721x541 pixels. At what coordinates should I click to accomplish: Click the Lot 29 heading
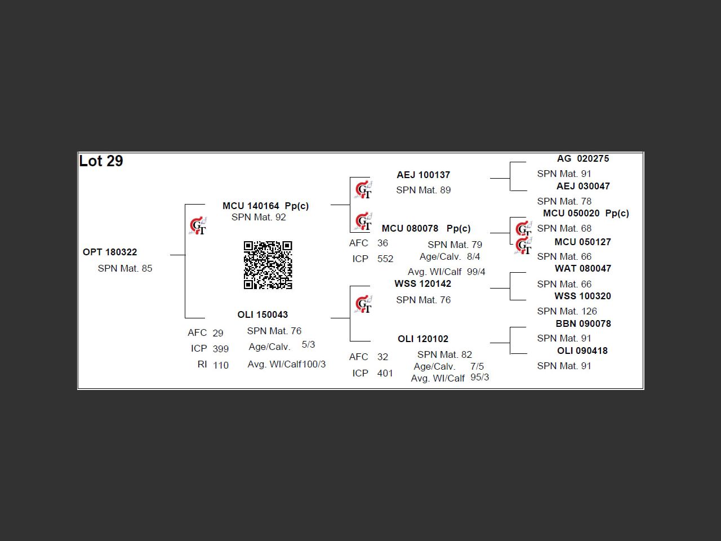[x=101, y=161]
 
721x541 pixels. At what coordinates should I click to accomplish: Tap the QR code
[x=268, y=265]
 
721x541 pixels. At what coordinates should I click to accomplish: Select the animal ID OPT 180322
[x=110, y=252]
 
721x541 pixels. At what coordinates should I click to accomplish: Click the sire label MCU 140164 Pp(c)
[x=265, y=206]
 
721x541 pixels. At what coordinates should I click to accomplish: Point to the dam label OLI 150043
[x=262, y=314]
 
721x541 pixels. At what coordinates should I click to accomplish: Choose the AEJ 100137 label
[x=423, y=175]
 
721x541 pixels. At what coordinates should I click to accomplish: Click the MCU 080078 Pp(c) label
[x=426, y=228]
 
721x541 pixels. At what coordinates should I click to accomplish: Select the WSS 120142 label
[x=422, y=283]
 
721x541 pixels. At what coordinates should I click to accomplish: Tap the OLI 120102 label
[x=423, y=339]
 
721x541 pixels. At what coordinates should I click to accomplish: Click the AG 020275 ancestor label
[x=582, y=158]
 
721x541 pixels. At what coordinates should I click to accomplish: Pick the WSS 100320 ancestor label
[x=582, y=296]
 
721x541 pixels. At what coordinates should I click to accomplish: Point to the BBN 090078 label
[x=583, y=323]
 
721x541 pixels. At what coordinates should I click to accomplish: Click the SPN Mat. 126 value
[x=567, y=311]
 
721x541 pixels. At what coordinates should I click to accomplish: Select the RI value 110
[x=221, y=365]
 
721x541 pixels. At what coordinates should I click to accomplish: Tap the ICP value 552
[x=385, y=259]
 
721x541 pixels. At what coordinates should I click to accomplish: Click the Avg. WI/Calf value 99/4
[x=476, y=272]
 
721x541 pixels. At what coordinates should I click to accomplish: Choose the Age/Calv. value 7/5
[x=477, y=366]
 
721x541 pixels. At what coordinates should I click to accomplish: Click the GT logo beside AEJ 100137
[x=364, y=189]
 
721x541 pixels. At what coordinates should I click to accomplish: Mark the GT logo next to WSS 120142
[x=364, y=304]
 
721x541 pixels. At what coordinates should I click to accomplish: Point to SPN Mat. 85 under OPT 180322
[x=125, y=268]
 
